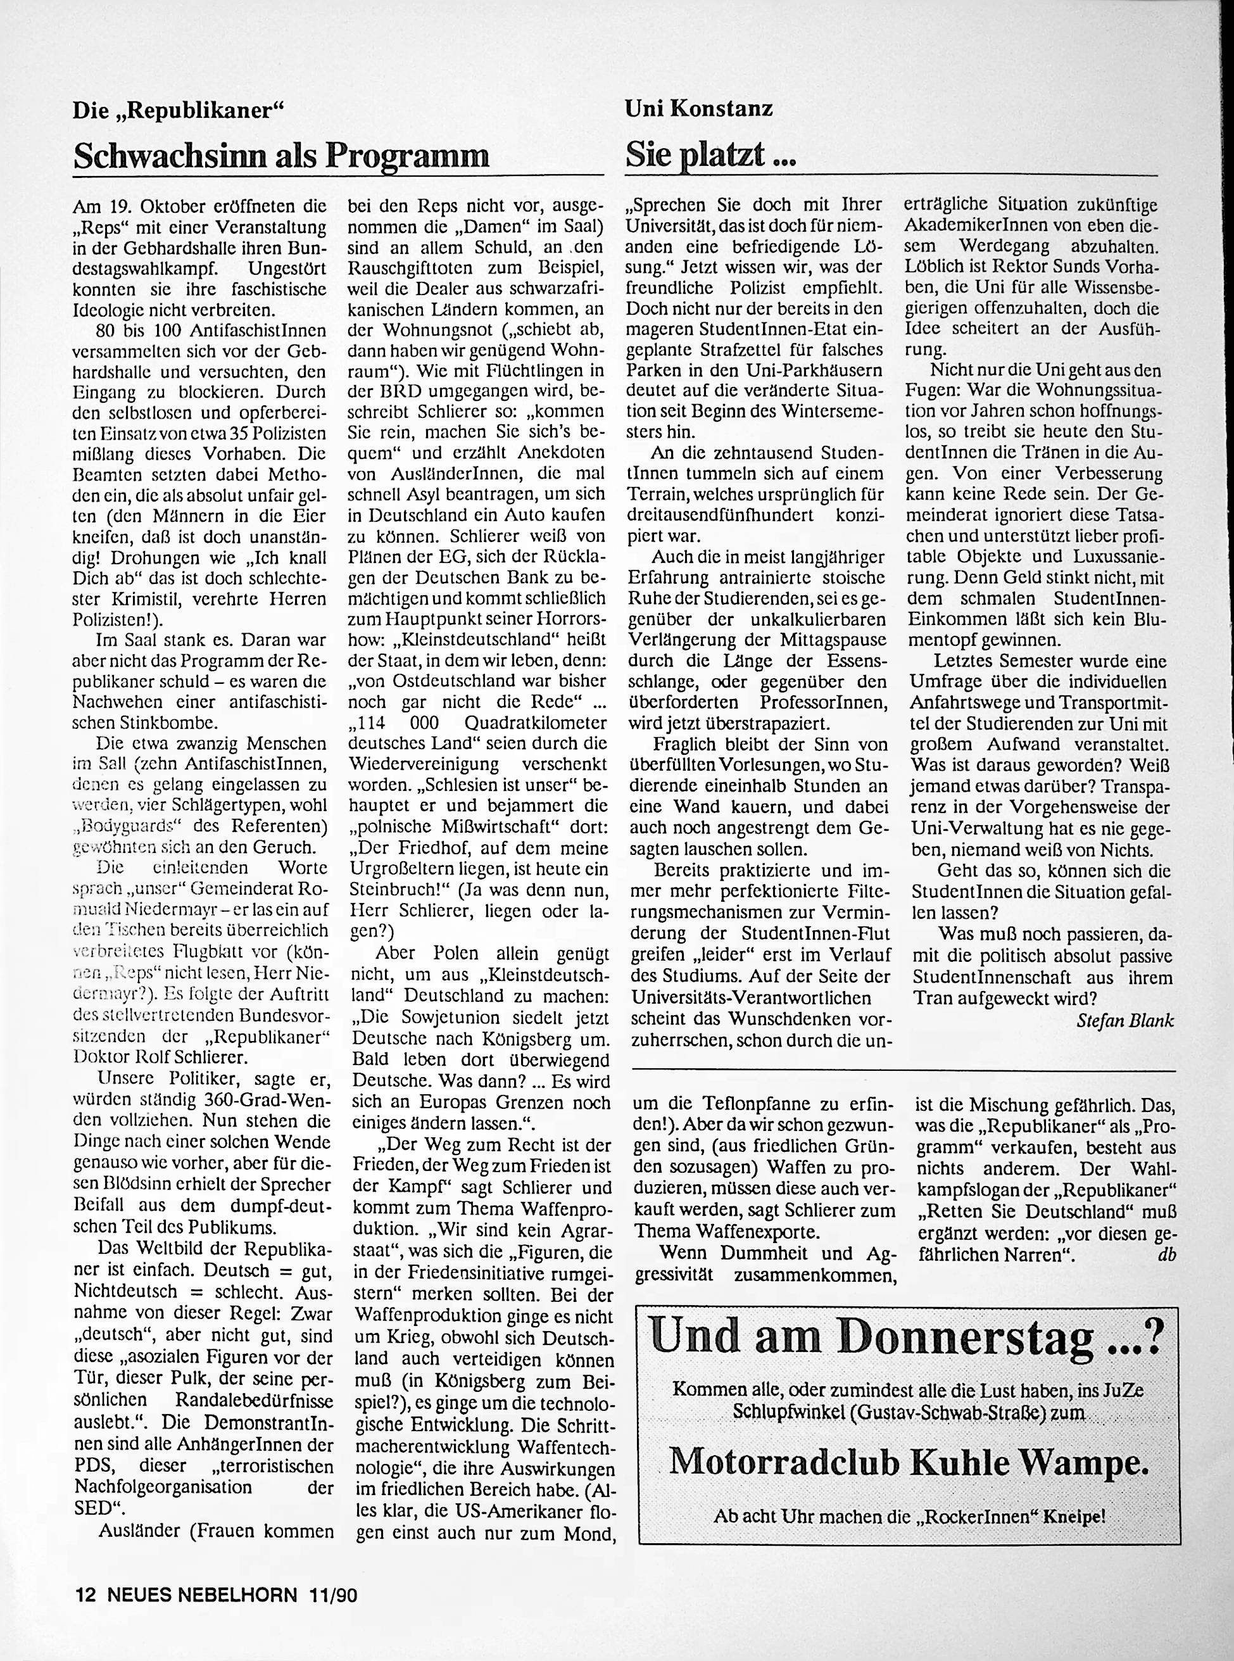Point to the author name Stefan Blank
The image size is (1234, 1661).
coord(1126,1021)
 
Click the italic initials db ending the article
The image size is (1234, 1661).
coord(1167,1254)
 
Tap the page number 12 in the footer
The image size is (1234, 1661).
coord(87,1590)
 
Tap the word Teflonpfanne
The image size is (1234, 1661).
coord(748,1105)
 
